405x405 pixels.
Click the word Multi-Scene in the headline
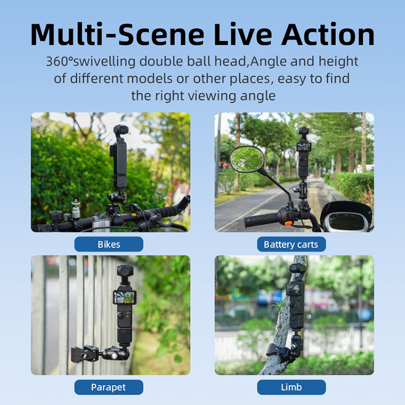click(x=117, y=35)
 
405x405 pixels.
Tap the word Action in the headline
click(x=328, y=35)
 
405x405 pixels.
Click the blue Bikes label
click(x=109, y=244)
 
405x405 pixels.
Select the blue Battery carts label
click(x=292, y=244)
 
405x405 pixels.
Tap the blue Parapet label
click(x=109, y=387)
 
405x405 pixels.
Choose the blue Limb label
click(x=292, y=387)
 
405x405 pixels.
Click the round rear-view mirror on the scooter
click(x=247, y=159)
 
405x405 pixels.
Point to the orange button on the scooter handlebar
click(x=288, y=223)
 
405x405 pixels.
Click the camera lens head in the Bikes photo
click(x=121, y=130)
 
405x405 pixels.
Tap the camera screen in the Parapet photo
click(x=125, y=297)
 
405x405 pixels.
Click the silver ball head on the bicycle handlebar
click(x=76, y=209)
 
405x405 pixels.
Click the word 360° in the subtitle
click(x=59, y=62)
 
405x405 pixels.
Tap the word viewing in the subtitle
click(x=212, y=96)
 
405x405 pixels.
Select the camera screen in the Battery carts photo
click(x=303, y=147)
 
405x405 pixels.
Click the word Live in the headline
click(x=243, y=35)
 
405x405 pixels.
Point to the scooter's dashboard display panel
click(x=346, y=221)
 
